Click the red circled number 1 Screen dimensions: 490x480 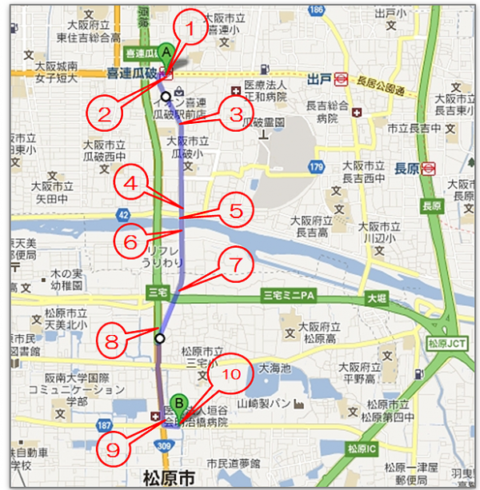190,30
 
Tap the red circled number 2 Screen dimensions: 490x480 104,113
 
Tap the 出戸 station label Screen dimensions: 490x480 319,78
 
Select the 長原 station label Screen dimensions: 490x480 407,168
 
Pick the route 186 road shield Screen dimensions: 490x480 316,10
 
